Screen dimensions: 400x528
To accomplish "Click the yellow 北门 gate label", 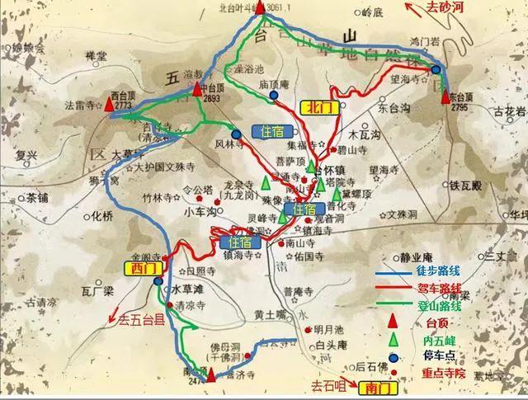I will coord(318,106).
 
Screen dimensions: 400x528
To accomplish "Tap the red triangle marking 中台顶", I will coord(197,88).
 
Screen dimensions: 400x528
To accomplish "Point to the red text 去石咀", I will coord(326,385).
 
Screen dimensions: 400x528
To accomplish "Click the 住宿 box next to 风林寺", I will coord(272,132).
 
